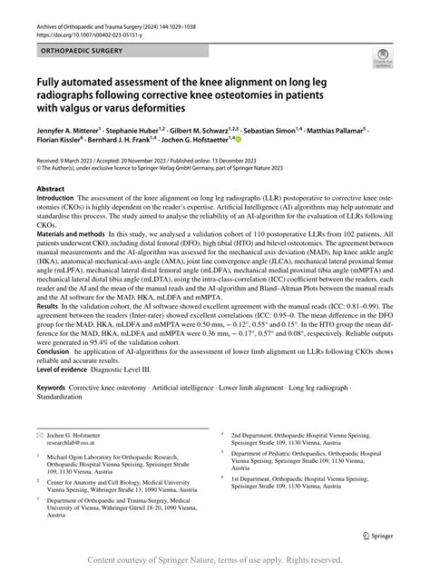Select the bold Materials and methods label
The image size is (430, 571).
(x=80, y=259)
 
